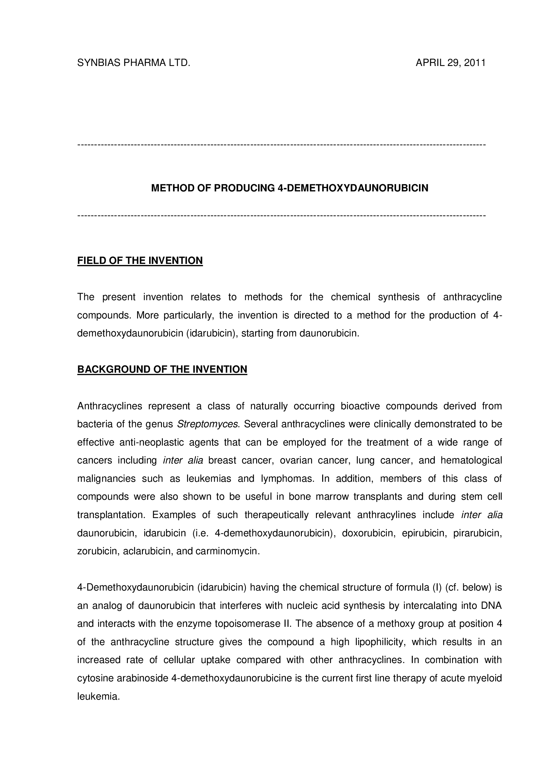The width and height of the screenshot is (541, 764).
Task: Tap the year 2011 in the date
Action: coord(474,63)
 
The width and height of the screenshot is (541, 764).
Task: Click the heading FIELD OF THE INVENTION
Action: coord(140,260)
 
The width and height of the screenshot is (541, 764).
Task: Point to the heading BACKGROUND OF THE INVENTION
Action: coord(162,369)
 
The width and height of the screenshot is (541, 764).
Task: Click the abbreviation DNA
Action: coord(491,605)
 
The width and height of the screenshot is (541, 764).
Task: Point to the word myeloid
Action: coord(485,678)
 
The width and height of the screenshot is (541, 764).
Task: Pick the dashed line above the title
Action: coord(282,145)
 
